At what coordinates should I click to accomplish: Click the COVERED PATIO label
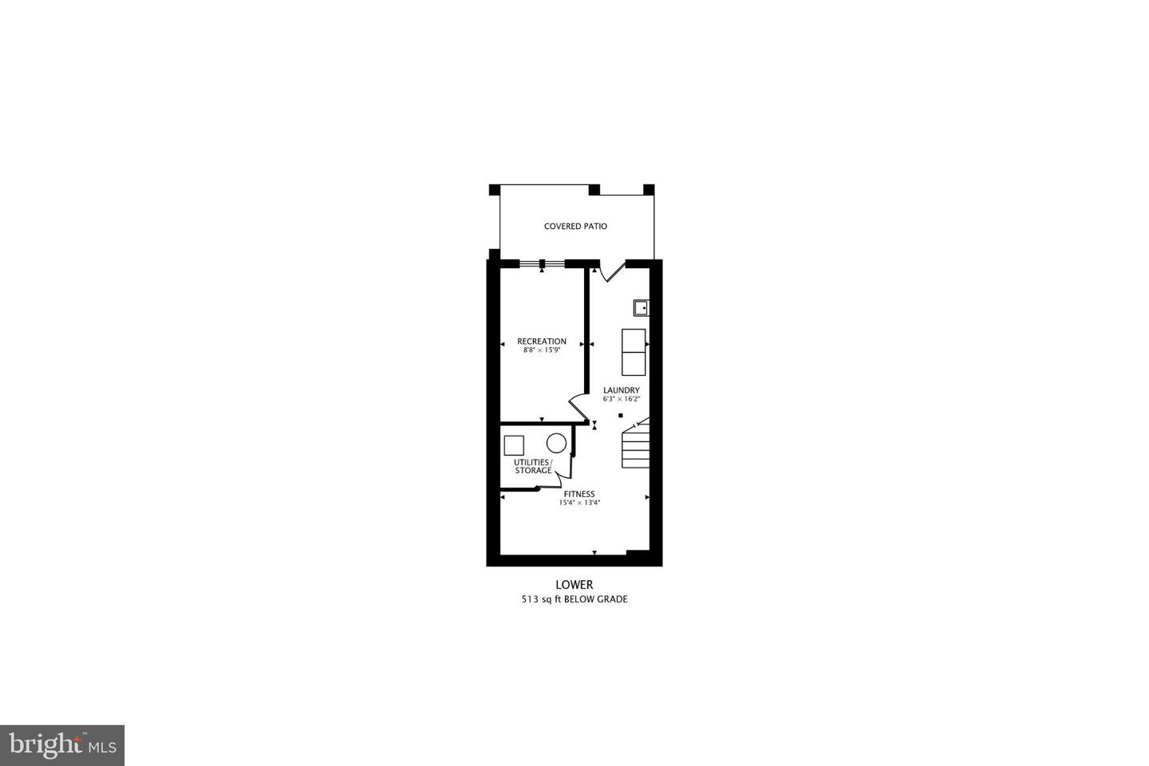pos(575,227)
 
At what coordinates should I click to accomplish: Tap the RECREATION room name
pos(542,342)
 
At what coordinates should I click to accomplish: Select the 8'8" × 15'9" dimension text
pos(542,350)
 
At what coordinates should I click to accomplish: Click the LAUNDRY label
pos(622,390)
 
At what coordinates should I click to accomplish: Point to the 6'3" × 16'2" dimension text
pos(622,399)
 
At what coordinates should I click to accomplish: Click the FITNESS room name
pos(579,494)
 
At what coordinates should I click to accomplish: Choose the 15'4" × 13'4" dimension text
pos(579,503)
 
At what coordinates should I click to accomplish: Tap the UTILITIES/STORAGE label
pos(532,467)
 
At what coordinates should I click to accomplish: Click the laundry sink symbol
pos(641,307)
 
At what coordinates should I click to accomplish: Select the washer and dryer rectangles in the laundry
pos(634,352)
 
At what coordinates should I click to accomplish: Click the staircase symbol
pos(636,448)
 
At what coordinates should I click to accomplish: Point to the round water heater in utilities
pos(556,443)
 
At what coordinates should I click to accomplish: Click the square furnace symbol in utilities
pos(514,444)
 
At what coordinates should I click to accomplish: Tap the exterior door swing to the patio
pos(611,271)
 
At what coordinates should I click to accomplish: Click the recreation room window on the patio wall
pos(542,263)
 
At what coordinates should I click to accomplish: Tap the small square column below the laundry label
pos(620,415)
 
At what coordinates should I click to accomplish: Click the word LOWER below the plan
pos(574,585)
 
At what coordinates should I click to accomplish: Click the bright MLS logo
pos(61,745)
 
